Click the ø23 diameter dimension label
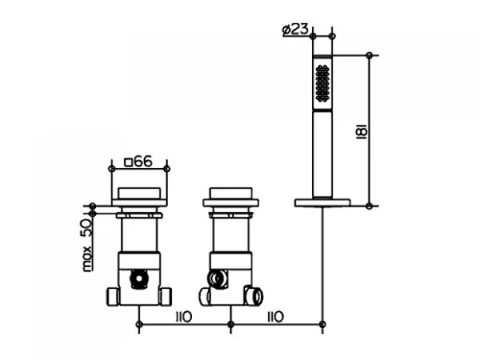(x=296, y=29)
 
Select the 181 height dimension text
(x=362, y=131)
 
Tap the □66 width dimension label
(x=138, y=161)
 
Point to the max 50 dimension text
(x=86, y=245)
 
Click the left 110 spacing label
(x=184, y=317)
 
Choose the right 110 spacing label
(x=276, y=317)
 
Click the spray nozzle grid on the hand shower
(x=323, y=84)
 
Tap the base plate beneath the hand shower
(x=323, y=203)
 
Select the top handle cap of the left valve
(x=139, y=193)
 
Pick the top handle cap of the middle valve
(x=230, y=193)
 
